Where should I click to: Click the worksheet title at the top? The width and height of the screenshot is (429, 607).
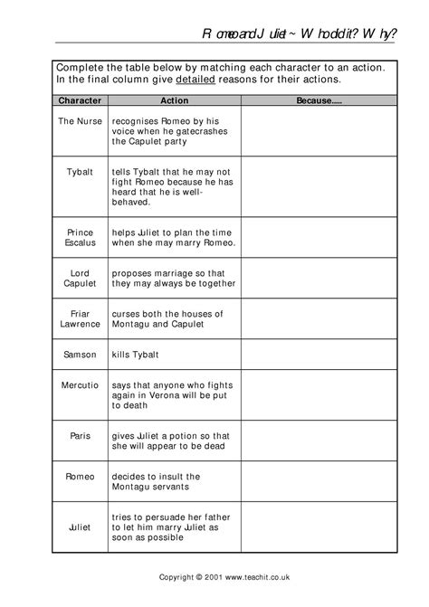click(299, 33)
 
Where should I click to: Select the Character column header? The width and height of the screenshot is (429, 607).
click(79, 101)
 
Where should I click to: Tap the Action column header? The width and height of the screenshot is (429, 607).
click(174, 101)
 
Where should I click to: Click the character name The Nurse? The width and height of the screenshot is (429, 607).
click(79, 119)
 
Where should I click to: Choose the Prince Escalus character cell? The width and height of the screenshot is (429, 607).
click(79, 238)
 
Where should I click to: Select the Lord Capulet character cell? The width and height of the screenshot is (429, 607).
click(79, 277)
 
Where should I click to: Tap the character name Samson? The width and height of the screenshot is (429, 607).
click(79, 355)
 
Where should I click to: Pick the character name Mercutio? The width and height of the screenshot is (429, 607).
click(79, 385)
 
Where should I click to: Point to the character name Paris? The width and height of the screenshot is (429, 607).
click(79, 435)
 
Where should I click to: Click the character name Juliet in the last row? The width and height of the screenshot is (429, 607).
click(79, 525)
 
